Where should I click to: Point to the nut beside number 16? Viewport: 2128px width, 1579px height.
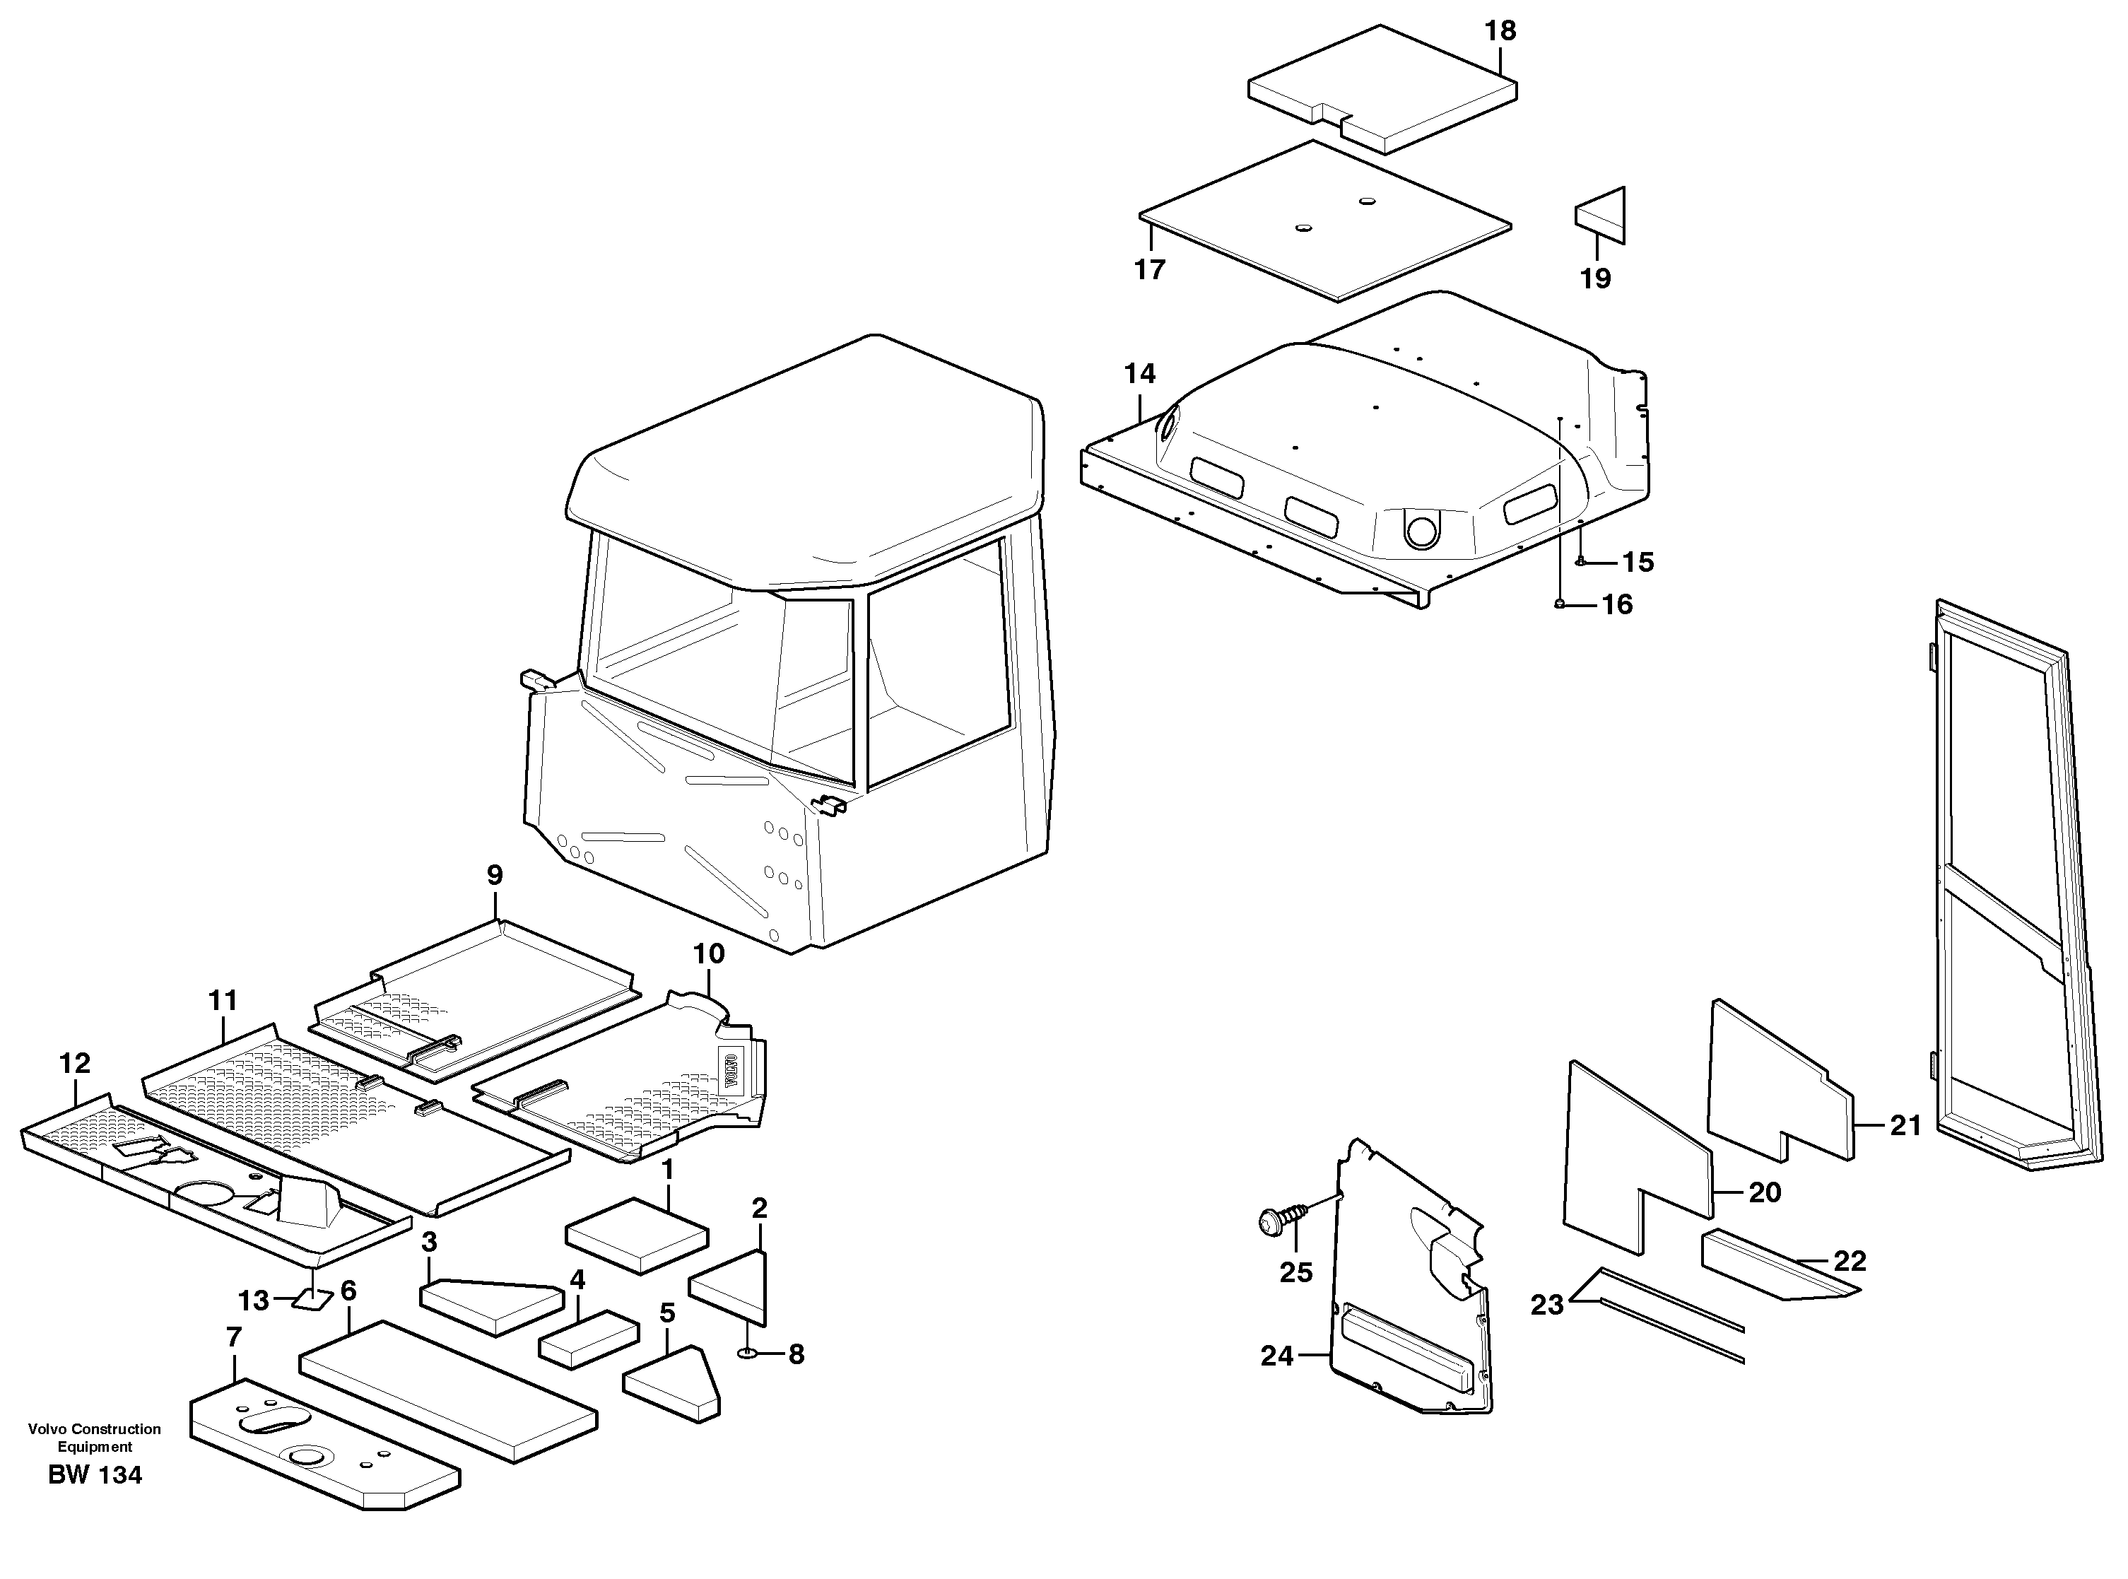point(1560,603)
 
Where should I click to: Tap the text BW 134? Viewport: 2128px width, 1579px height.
point(95,1475)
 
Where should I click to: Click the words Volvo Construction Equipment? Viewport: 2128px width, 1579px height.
point(95,1438)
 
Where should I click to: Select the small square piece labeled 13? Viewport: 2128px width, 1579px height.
point(312,1299)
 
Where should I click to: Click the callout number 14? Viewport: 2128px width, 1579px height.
point(1139,374)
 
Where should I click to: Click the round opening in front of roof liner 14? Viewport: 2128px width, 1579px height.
point(1420,527)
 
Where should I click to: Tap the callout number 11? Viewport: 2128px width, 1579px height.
point(223,1001)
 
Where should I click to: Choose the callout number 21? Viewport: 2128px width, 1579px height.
point(1905,1126)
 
